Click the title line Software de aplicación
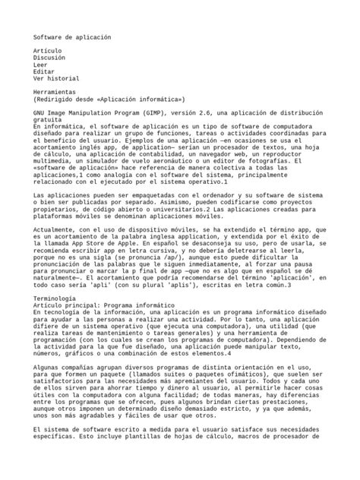[x=72, y=36]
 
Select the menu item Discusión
[x=52, y=57]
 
